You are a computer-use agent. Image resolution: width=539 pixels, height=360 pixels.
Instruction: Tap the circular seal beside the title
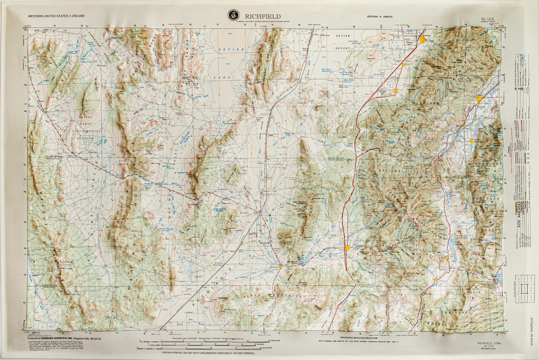coord(234,16)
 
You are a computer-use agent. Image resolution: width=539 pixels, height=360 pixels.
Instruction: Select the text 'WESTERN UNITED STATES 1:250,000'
coord(56,16)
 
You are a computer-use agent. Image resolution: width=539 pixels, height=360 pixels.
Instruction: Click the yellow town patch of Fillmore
coord(423,39)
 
